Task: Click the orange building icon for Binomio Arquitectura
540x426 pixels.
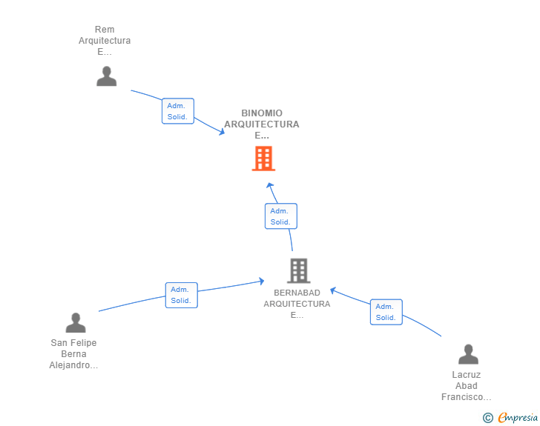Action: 263,159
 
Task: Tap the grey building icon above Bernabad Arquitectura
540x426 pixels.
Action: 299,270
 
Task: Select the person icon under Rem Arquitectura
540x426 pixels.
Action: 106,76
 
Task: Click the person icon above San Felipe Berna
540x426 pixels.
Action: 76,322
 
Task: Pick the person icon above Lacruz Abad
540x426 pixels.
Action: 468,354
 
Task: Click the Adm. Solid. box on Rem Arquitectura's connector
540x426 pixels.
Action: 178,111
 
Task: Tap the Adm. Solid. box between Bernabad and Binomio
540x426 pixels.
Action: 280,216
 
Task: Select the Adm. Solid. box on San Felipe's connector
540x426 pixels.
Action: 181,296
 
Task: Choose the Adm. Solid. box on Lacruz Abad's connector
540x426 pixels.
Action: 386,312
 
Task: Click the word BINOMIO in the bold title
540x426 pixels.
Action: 262,113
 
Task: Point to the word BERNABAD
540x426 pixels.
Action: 297,293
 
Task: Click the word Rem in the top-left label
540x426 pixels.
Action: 105,30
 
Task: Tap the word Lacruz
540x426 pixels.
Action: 467,375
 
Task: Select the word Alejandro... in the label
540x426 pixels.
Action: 73,365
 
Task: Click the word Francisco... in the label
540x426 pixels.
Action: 467,397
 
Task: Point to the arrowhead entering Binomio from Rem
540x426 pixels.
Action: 222,132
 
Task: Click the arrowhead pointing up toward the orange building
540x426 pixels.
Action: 270,186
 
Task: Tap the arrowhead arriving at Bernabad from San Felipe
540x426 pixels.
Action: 261,281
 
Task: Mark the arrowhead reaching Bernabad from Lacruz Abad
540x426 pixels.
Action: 332,290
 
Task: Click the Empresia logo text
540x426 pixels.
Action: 518,418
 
